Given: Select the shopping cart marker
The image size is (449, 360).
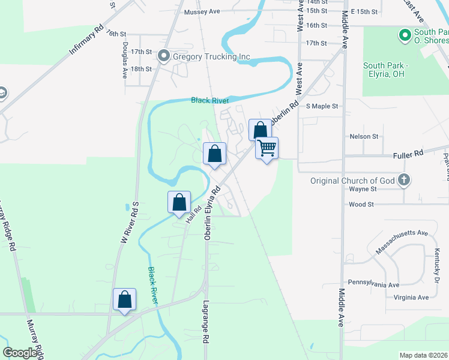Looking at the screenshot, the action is pos(267,148).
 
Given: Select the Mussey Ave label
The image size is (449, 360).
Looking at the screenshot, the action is pos(202,11).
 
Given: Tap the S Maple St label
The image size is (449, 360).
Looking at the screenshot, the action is pos(322,106).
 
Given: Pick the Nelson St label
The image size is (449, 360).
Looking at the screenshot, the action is pos(364,136).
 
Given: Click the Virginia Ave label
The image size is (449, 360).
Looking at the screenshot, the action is pos(411,298).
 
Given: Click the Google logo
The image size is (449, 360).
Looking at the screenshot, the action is pos(20,352).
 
